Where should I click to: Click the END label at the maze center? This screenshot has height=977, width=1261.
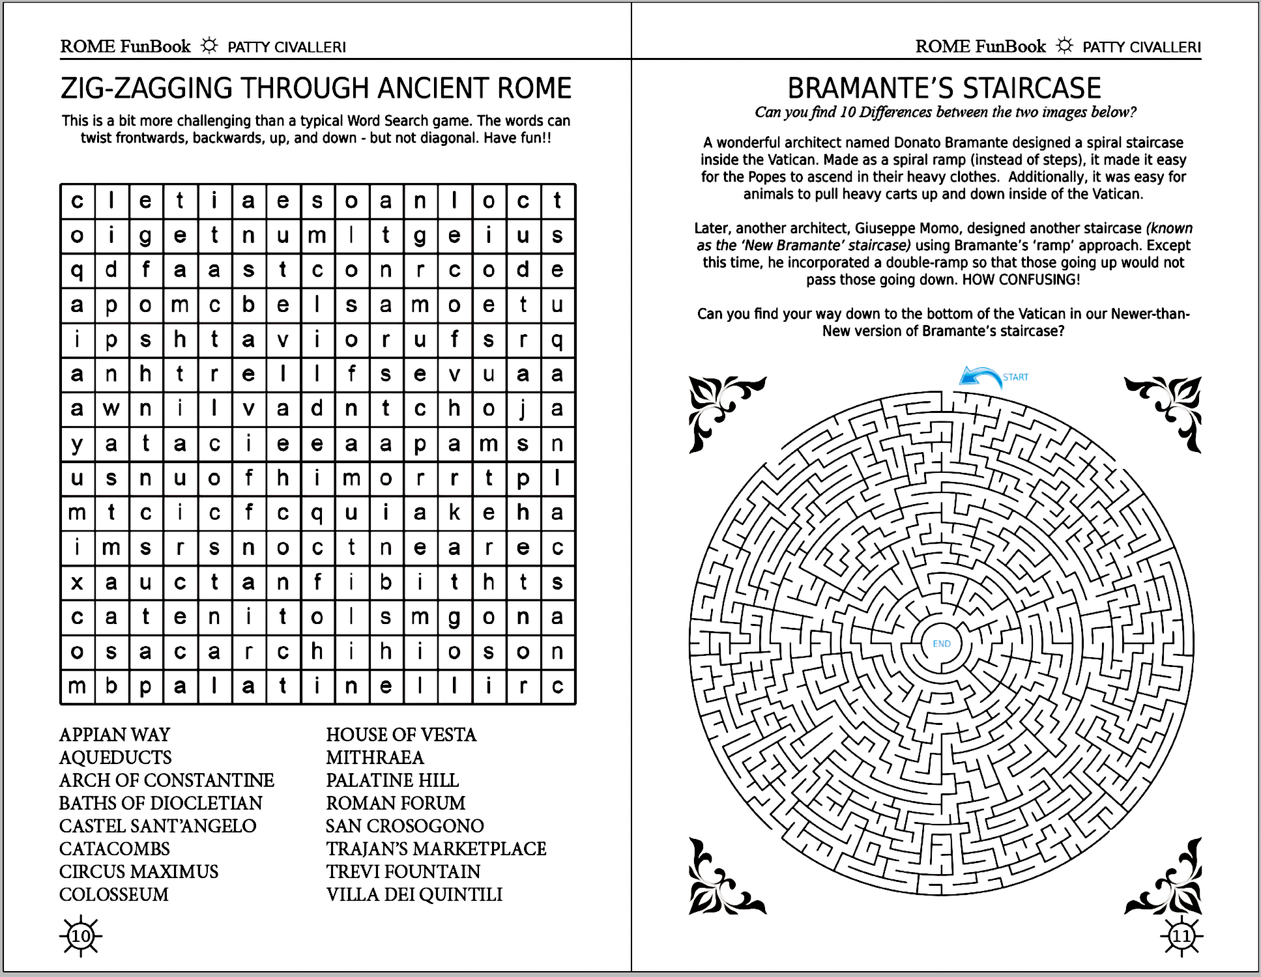coord(942,644)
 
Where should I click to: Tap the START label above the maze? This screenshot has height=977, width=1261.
coord(1015,377)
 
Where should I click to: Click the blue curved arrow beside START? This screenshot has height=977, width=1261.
coord(980,377)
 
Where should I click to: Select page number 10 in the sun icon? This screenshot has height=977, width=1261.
coord(81,937)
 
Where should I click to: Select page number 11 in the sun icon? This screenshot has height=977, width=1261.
coord(1181,937)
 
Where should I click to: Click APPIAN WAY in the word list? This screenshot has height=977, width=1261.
coord(115,735)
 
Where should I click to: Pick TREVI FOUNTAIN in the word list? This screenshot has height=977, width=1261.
coord(403,871)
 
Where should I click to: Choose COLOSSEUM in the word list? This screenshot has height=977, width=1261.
coord(114,894)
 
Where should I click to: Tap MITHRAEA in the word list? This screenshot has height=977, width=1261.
coord(375,758)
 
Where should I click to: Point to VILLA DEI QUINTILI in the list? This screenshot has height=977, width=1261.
coord(414,894)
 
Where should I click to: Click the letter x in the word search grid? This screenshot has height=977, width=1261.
coord(77,582)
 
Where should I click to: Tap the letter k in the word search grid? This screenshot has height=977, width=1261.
coord(454,513)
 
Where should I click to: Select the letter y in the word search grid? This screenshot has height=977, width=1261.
coord(77,444)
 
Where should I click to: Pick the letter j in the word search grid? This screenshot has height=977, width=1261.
coord(523,409)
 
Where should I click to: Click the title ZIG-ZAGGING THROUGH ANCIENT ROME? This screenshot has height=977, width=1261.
coord(316,88)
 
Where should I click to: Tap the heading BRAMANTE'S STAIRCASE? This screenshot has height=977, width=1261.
coord(944,88)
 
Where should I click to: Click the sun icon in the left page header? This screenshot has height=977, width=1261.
coord(209,46)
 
